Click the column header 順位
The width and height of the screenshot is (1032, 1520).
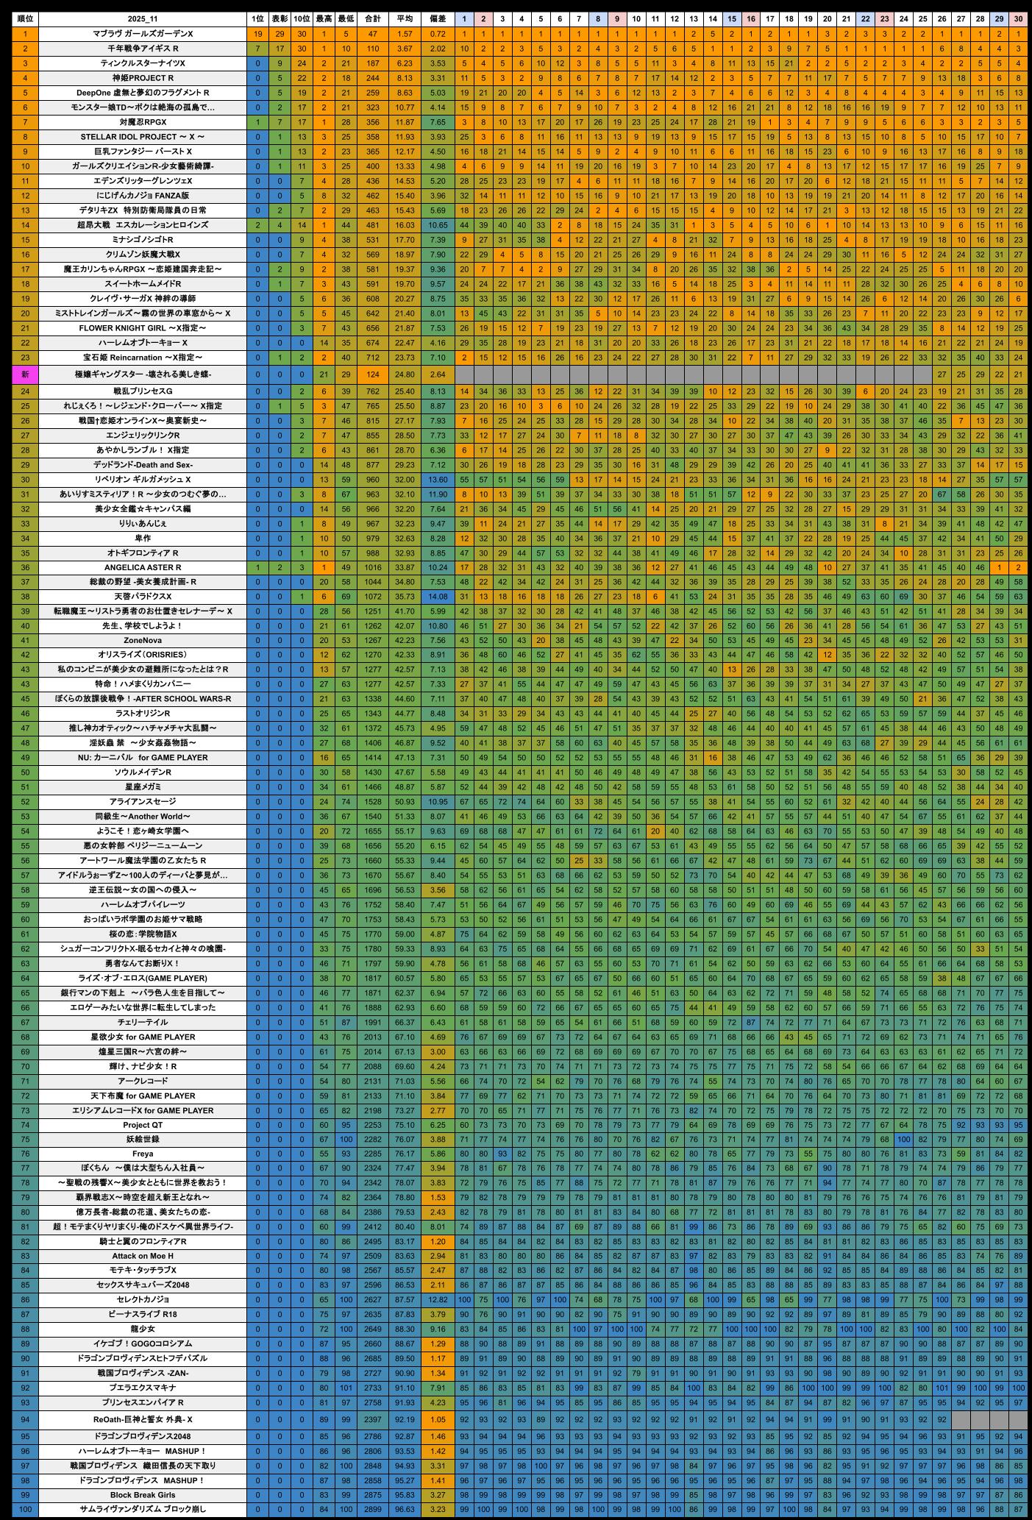tap(25, 18)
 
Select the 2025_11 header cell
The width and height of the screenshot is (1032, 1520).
tap(143, 18)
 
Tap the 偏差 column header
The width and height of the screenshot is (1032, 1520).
tap(438, 18)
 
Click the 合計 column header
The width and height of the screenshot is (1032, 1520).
tap(373, 18)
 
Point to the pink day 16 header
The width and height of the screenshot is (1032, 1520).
tap(750, 18)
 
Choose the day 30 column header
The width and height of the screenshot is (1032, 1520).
tap(1018, 18)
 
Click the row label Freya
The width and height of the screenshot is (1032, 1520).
tap(143, 1154)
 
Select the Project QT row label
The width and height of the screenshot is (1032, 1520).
tap(143, 1125)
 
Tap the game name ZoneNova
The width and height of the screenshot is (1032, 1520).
tap(143, 640)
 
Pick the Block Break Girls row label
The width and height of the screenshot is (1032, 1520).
tap(143, 1495)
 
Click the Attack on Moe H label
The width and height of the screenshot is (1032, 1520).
tap(143, 1256)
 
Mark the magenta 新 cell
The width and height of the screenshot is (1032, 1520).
tap(25, 374)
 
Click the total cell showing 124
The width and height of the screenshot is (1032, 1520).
tap(373, 374)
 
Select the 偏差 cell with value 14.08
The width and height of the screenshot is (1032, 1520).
tap(438, 597)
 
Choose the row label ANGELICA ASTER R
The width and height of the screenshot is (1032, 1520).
tap(143, 567)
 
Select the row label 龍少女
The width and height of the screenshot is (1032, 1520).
tap(143, 1329)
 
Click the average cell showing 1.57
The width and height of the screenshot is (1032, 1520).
tap(405, 34)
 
